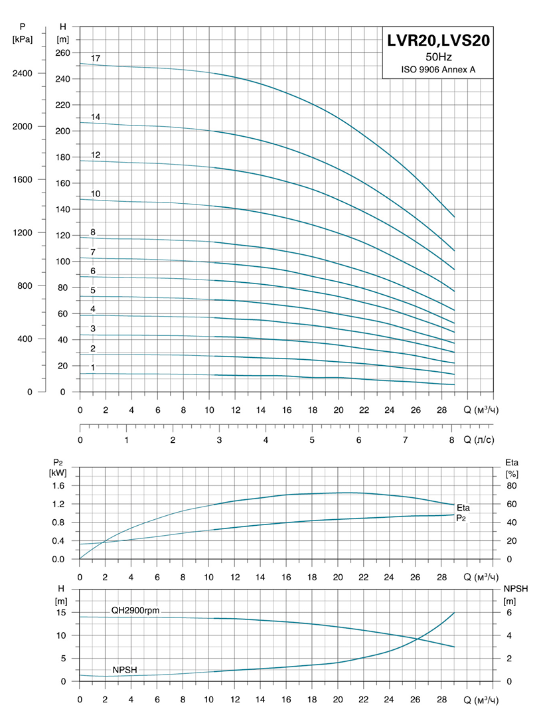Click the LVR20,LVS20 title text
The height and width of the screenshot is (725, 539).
(439, 41)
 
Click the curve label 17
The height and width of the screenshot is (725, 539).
(96, 59)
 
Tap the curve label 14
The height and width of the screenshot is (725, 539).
(96, 117)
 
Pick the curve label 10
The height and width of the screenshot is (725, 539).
(96, 194)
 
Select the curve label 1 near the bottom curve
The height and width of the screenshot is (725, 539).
(93, 367)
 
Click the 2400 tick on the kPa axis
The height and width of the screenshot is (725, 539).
(23, 73)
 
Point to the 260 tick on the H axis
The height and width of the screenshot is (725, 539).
(62, 52)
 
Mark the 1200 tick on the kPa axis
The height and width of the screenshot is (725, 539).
(23, 232)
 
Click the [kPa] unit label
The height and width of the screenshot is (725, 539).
(23, 40)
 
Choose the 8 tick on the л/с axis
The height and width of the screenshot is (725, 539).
(451, 440)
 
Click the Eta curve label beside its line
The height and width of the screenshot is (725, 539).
(463, 508)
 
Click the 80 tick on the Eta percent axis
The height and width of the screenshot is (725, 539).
(510, 485)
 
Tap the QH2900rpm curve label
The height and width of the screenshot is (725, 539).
(135, 610)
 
